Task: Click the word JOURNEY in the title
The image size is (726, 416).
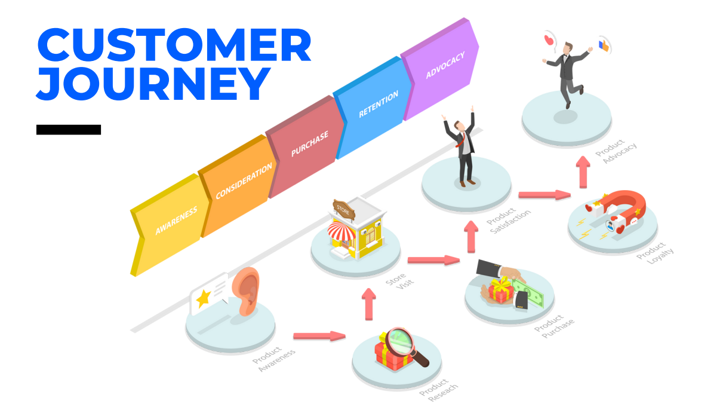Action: (x=152, y=83)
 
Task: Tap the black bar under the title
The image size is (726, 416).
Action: (x=68, y=130)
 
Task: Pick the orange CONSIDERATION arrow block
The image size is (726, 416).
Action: (x=241, y=182)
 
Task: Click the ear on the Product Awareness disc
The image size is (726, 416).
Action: (x=247, y=292)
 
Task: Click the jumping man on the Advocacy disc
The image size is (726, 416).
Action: (x=567, y=72)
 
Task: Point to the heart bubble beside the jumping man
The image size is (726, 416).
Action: (x=549, y=40)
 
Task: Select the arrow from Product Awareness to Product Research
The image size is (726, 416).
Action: (x=319, y=336)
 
